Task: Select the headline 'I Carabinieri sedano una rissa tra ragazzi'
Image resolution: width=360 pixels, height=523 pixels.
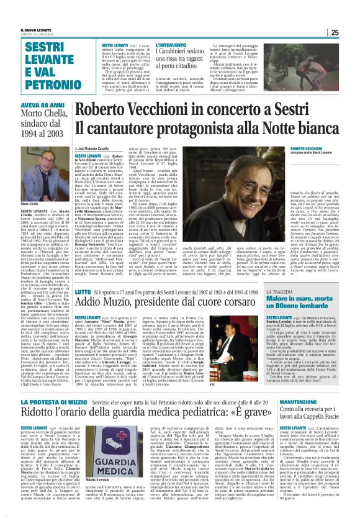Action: pos(186,60)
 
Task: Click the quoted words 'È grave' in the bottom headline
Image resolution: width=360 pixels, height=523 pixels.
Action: pos(226,414)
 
